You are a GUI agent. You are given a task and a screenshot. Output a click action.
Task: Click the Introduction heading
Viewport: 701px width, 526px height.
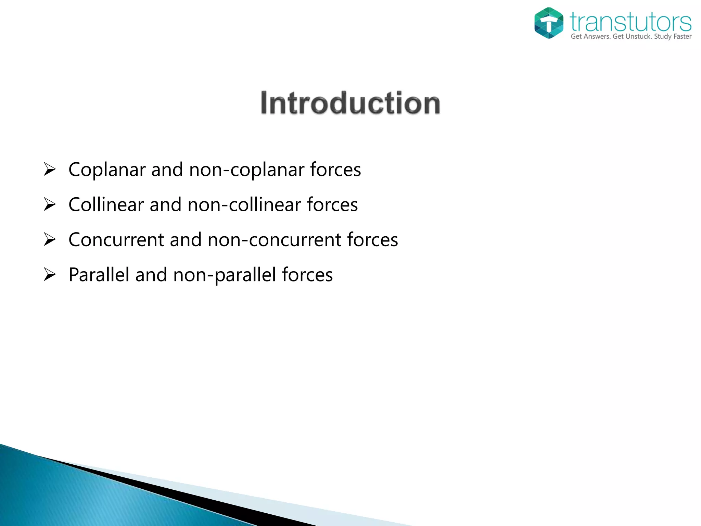350,103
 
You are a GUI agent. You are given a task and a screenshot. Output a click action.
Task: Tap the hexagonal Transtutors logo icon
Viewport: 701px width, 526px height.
549,23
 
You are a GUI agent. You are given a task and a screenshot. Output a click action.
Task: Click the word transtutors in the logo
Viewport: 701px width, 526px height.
630,22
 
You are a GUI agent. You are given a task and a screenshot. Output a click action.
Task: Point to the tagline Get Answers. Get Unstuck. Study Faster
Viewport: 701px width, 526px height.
631,37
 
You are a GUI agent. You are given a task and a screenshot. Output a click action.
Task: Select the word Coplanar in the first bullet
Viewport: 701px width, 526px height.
107,170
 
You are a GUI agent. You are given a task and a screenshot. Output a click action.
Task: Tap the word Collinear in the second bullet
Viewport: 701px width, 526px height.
106,205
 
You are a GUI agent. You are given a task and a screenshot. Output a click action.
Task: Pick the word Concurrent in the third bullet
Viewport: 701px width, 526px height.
116,240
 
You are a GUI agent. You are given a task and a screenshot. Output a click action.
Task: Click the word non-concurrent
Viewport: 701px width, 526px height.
274,240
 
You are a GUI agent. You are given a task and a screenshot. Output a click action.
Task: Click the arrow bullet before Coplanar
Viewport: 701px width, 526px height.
50,170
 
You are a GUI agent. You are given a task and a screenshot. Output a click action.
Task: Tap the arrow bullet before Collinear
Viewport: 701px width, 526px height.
50,204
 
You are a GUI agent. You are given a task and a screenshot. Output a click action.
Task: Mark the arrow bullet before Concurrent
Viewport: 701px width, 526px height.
50,239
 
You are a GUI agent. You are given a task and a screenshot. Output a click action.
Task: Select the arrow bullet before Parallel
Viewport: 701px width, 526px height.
50,275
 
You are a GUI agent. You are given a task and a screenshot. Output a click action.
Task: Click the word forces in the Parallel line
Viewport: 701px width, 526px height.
307,275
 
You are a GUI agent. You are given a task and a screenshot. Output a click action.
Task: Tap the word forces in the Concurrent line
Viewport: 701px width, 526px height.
372,240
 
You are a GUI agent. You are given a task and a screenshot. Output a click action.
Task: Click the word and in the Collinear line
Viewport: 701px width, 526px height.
165,205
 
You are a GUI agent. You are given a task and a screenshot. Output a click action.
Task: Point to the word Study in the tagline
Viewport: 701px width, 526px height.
663,37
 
